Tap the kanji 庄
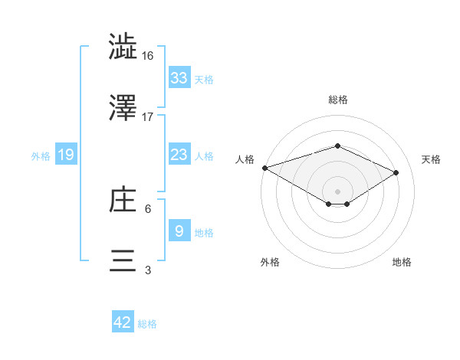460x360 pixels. click(123, 200)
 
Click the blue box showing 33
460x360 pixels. click(179, 77)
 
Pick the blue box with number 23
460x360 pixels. click(179, 155)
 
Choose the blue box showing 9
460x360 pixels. click(179, 231)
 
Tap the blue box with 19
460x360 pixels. click(66, 155)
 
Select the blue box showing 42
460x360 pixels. click(123, 322)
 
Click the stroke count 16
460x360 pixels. click(148, 56)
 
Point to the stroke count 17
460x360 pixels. click(148, 117)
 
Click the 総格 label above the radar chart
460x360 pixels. click(337, 100)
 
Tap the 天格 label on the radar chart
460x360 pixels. click(431, 159)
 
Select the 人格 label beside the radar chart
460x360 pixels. click(245, 159)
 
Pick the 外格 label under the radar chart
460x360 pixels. click(270, 262)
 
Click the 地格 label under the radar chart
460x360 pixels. click(402, 262)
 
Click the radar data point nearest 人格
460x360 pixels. click(264, 168)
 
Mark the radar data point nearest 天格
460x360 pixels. click(396, 172)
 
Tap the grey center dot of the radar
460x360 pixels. click(337, 191)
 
